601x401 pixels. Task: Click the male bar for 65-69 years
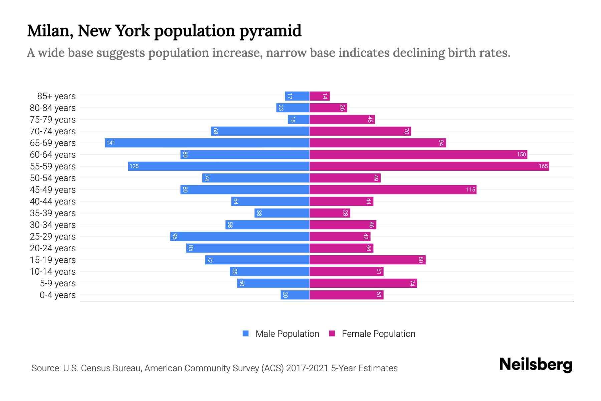coord(207,143)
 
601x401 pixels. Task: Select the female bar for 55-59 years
coord(429,166)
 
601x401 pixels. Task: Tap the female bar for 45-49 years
coord(393,190)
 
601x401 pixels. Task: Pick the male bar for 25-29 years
coord(240,237)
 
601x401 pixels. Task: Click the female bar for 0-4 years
coord(346,295)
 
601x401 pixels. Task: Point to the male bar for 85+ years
coord(297,96)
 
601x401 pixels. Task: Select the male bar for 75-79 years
coord(298,120)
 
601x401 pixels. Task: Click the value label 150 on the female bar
coord(521,155)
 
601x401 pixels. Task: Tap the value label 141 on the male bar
coord(111,143)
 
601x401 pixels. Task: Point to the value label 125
coord(134,166)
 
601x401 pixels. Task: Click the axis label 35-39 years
coord(53,213)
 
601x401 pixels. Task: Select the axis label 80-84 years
coord(53,108)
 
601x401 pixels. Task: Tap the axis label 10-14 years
coord(53,272)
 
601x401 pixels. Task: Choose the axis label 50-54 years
coord(53,178)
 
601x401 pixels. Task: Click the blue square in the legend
coord(246,333)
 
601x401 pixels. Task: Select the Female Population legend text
coord(378,334)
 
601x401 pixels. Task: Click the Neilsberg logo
coord(536,365)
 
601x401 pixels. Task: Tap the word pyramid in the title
coord(270,31)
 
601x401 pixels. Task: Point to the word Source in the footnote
coord(45,368)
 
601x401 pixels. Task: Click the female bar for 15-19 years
coord(367,260)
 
